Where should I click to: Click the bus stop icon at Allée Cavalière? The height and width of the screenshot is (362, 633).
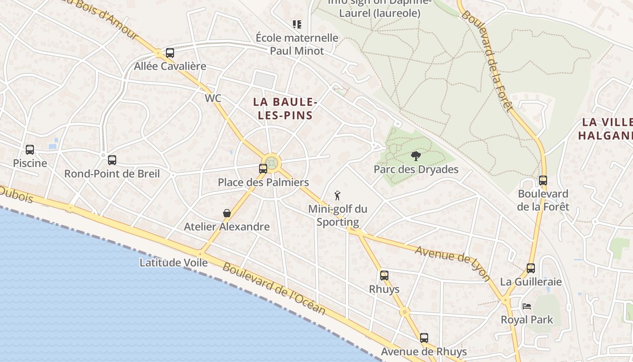pyautogui.click(x=170, y=53)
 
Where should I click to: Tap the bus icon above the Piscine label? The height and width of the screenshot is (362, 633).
pyautogui.click(x=30, y=149)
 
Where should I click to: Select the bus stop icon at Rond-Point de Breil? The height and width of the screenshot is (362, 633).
pyautogui.click(x=112, y=160)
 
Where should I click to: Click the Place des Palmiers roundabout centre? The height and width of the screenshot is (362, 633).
pyautogui.click(x=272, y=162)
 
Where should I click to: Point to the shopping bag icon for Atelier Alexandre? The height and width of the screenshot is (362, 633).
pyautogui.click(x=227, y=213)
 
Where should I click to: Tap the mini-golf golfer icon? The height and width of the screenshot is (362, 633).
pyautogui.click(x=337, y=196)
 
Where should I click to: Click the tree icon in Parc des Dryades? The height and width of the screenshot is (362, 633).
pyautogui.click(x=416, y=157)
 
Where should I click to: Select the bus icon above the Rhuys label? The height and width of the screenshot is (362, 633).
pyautogui.click(x=384, y=275)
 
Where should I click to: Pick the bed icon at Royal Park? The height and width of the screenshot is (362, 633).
pyautogui.click(x=527, y=306)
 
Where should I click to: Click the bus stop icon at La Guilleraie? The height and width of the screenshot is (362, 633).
pyautogui.click(x=531, y=268)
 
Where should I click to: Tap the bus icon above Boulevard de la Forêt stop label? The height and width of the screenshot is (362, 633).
pyautogui.click(x=543, y=181)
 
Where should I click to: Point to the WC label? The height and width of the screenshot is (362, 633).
pyautogui.click(x=213, y=98)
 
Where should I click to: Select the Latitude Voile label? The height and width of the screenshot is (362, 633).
pyautogui.click(x=174, y=262)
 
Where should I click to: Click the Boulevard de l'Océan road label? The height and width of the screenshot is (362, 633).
pyautogui.click(x=274, y=288)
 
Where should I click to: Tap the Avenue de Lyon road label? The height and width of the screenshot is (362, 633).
pyautogui.click(x=453, y=263)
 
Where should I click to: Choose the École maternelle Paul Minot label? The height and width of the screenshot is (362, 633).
pyautogui.click(x=297, y=44)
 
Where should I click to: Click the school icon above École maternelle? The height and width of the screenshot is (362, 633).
pyautogui.click(x=297, y=24)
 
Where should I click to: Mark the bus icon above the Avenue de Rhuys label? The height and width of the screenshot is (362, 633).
pyautogui.click(x=424, y=338)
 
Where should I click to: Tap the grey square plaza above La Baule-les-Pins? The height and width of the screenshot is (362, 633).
pyautogui.click(x=265, y=81)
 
